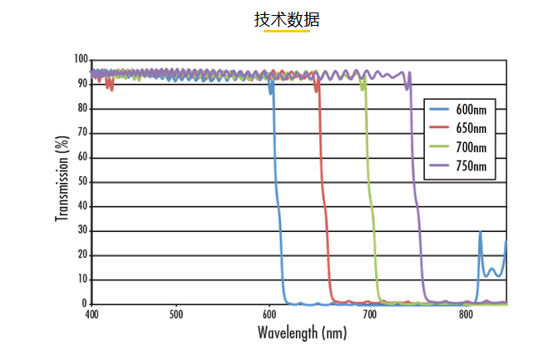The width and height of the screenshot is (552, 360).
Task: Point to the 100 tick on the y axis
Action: point(81,60)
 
